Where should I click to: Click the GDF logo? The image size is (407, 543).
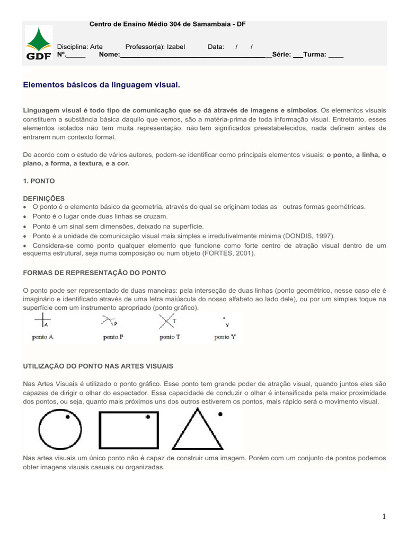(x=39, y=44)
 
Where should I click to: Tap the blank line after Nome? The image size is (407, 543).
(x=193, y=55)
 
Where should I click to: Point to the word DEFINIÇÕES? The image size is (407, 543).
(x=44, y=198)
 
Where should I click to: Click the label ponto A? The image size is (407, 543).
(x=42, y=337)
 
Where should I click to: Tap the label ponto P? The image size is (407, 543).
(x=113, y=337)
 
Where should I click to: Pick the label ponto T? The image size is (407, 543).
(x=170, y=337)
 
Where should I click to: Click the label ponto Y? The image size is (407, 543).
(x=225, y=337)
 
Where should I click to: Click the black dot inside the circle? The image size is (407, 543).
(x=68, y=417)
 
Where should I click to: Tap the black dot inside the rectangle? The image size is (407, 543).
(x=148, y=417)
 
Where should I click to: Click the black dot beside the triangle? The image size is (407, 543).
(x=220, y=414)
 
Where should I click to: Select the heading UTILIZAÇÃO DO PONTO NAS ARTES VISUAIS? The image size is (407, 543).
(x=99, y=366)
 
